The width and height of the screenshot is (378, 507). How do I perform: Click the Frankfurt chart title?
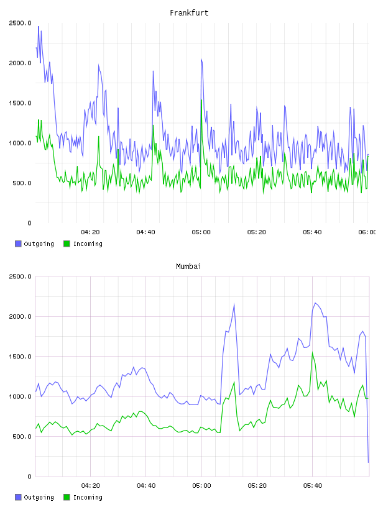(189, 13)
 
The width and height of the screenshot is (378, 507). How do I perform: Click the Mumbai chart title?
(188, 267)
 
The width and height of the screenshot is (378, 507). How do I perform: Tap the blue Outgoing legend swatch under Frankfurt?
(18, 244)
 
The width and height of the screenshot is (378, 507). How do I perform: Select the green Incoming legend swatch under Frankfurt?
(67, 244)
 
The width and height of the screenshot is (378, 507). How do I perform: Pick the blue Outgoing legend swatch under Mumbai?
(18, 497)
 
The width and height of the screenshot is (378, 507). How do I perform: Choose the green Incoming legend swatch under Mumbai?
(67, 497)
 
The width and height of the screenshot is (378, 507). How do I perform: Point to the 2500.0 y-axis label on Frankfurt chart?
(20, 23)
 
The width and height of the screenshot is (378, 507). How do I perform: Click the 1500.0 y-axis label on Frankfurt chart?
(20, 103)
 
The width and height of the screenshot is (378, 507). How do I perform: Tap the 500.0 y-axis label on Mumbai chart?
(22, 437)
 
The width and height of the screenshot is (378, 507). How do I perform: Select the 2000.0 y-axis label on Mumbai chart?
(20, 316)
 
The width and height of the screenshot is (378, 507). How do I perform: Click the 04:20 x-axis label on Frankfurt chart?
(90, 232)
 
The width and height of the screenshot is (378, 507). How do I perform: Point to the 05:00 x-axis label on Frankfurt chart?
(201, 232)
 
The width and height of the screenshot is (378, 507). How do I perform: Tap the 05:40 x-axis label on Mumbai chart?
(313, 485)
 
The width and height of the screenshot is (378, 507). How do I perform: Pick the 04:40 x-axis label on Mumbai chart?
(146, 485)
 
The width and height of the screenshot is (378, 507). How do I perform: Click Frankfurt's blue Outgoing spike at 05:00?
(201, 59)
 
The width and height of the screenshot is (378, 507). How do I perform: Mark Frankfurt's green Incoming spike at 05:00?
(201, 100)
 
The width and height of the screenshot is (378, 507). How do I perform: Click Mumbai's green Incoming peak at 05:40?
(313, 353)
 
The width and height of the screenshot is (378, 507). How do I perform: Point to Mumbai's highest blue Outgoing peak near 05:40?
(316, 303)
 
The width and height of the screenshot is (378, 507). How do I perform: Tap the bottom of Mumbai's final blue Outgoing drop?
(368, 462)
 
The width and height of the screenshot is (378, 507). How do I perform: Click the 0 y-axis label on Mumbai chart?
(29, 477)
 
